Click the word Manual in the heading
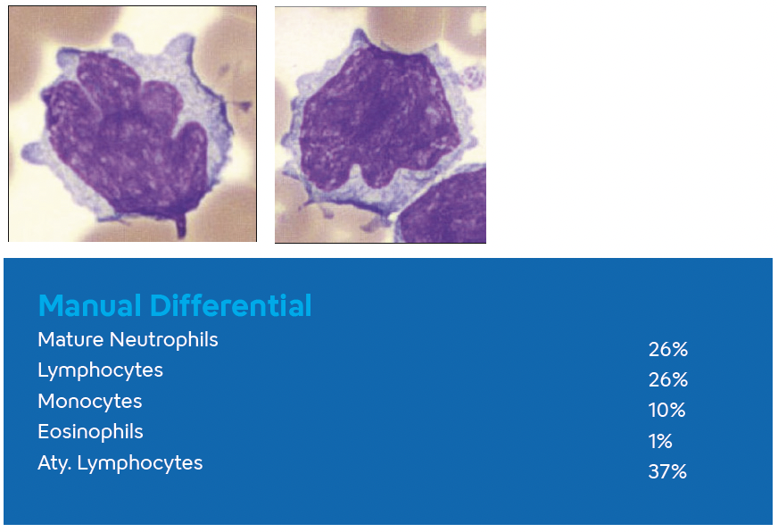[91, 306]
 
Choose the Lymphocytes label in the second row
[100, 370]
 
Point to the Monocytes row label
[89, 402]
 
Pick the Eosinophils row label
[90, 432]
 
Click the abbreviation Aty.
[55, 463]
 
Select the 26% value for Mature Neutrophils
[667, 350]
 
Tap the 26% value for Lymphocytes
[667, 380]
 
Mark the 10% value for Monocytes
[666, 411]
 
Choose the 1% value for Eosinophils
[660, 442]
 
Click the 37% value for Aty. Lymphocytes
[667, 472]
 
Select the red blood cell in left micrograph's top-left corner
[36, 31]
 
